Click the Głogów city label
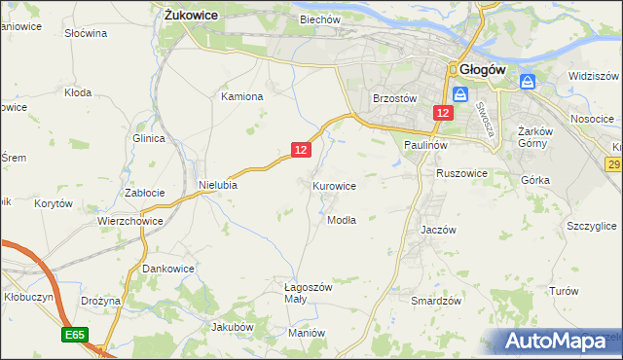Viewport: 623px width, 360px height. tap(482, 70)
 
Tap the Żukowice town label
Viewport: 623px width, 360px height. tap(191, 16)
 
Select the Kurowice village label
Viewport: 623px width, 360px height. tap(334, 185)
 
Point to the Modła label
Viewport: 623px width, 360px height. tap(342, 220)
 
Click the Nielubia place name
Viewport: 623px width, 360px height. tap(218, 184)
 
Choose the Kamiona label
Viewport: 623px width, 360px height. tap(242, 96)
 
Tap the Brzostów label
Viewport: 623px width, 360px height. tap(395, 98)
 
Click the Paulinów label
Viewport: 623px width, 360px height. tap(425, 144)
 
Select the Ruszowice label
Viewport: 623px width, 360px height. tap(461, 172)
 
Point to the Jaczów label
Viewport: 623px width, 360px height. tap(438, 230)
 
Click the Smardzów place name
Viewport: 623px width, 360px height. tap(435, 301)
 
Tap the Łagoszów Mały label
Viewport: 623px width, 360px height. tap(309, 293)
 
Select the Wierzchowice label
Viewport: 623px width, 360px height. tap(128, 221)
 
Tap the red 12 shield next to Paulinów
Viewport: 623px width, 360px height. tap(443, 114)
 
